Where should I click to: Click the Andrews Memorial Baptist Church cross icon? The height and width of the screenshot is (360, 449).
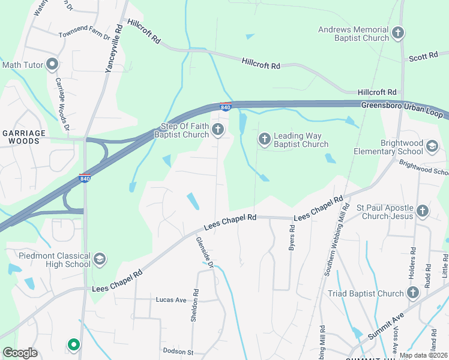click(398, 34)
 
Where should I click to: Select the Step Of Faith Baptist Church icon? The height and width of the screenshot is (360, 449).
click(217, 129)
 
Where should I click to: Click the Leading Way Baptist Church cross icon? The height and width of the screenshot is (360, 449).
click(264, 139)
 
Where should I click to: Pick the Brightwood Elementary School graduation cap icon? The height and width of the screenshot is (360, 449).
click(431, 146)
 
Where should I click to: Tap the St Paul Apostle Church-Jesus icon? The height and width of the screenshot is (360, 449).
click(422, 211)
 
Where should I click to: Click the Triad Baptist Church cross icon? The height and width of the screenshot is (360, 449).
click(412, 293)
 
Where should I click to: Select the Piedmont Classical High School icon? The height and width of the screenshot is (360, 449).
click(100, 259)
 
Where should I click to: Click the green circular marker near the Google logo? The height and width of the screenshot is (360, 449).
click(73, 344)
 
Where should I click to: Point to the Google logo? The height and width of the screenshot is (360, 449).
click(20, 353)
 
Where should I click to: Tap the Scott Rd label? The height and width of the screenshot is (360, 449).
click(423, 56)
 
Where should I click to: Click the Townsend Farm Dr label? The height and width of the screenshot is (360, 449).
click(85, 35)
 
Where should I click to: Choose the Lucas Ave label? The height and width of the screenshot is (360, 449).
click(172, 299)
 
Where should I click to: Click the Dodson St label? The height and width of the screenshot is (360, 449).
click(178, 351)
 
